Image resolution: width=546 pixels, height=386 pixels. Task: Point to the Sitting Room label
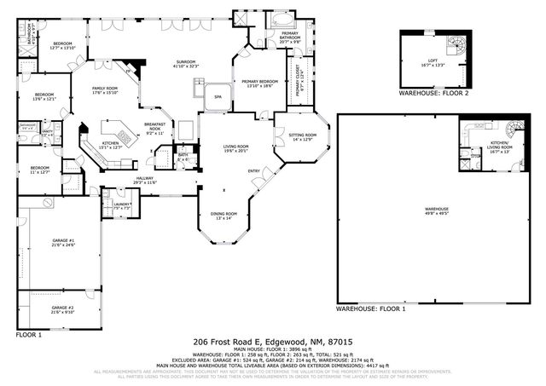pos(305,137)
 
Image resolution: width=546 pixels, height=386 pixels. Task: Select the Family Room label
pos(107,91)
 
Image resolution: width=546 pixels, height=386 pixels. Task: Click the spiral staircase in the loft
pos(459,43)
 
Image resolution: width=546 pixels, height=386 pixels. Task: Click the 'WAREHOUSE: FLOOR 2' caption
pos(433,94)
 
